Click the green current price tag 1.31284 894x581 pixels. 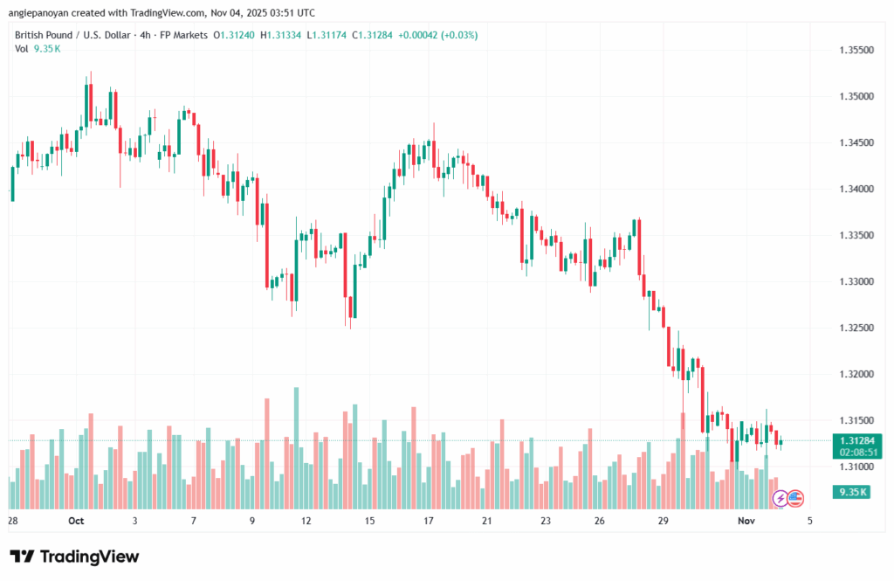click(x=856, y=440)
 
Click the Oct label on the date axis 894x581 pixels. click(x=75, y=521)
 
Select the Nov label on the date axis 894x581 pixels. click(x=744, y=521)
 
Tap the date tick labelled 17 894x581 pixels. click(x=429, y=521)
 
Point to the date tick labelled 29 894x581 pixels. click(x=664, y=521)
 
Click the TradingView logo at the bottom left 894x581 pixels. click(x=74, y=557)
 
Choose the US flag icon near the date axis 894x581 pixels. click(x=795, y=499)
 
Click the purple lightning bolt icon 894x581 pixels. click(x=780, y=499)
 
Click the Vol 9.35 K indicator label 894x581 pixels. click(x=38, y=49)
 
